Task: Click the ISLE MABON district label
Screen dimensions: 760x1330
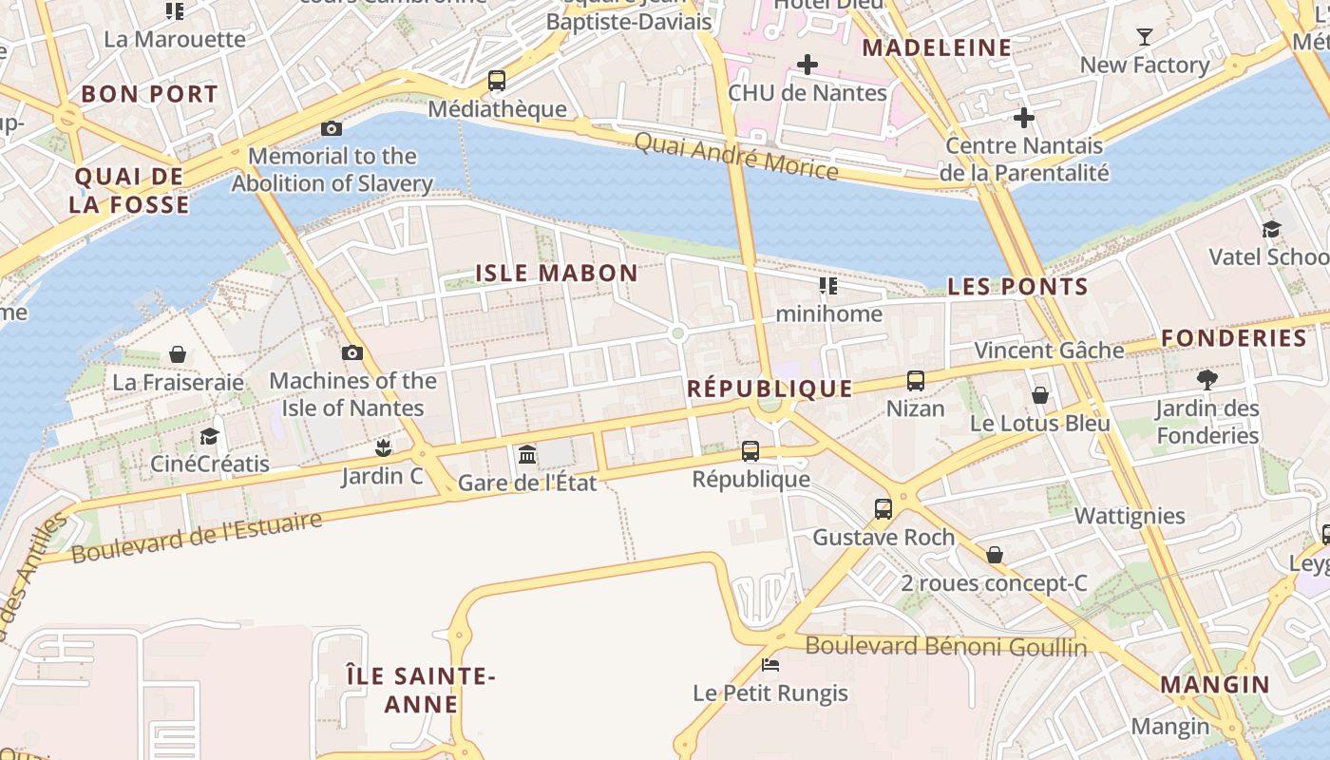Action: coord(557,274)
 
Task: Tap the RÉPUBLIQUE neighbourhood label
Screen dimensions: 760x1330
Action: coord(769,389)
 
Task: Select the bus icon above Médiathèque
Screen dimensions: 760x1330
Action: coord(497,81)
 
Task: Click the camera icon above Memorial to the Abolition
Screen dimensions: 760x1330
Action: coord(332,128)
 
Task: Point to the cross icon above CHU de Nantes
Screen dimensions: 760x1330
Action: coord(807,65)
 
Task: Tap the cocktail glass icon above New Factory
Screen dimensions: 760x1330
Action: coord(1145,37)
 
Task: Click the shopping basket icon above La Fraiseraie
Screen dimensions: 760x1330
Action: coord(178,354)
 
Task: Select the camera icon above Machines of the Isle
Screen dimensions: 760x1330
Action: coord(352,352)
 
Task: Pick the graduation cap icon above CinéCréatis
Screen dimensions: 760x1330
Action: coord(209,436)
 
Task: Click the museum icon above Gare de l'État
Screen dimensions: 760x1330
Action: coord(527,455)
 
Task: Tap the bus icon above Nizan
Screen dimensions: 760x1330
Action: coord(916,381)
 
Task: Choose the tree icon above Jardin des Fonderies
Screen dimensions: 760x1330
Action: coord(1207,380)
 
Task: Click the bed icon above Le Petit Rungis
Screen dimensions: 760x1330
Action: coord(770,665)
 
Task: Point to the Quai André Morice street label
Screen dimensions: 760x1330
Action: coord(736,157)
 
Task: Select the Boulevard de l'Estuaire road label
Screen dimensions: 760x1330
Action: coord(197,538)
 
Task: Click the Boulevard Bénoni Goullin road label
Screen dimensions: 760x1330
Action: coord(946,647)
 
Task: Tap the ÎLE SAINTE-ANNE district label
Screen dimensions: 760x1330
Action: coord(421,691)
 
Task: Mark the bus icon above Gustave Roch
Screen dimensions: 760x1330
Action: coord(883,509)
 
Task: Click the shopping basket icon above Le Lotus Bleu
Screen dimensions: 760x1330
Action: coord(1040,395)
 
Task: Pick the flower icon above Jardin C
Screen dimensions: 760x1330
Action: coord(384,447)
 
